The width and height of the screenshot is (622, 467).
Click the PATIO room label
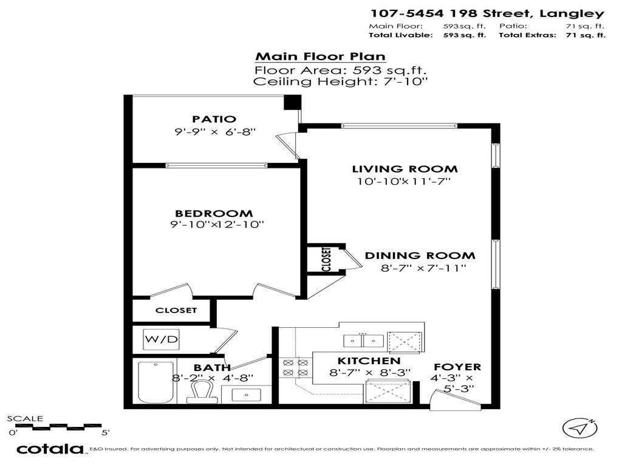click(214, 119)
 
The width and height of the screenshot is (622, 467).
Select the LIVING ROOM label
click(405, 169)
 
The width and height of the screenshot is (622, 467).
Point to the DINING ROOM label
click(420, 256)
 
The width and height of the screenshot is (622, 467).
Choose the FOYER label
click(456, 367)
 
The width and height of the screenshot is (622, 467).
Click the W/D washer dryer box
click(161, 339)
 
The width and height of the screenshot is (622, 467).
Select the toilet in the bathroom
click(200, 392)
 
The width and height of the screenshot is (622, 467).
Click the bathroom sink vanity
click(247, 394)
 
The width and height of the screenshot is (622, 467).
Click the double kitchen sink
click(363, 341)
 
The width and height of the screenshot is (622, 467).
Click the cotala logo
click(49, 449)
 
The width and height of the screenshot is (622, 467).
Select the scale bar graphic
click(58, 426)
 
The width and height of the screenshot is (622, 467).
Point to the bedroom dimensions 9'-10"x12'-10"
click(217, 225)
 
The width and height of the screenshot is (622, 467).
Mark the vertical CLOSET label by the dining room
click(326, 260)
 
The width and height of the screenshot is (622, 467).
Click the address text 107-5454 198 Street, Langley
click(487, 13)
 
